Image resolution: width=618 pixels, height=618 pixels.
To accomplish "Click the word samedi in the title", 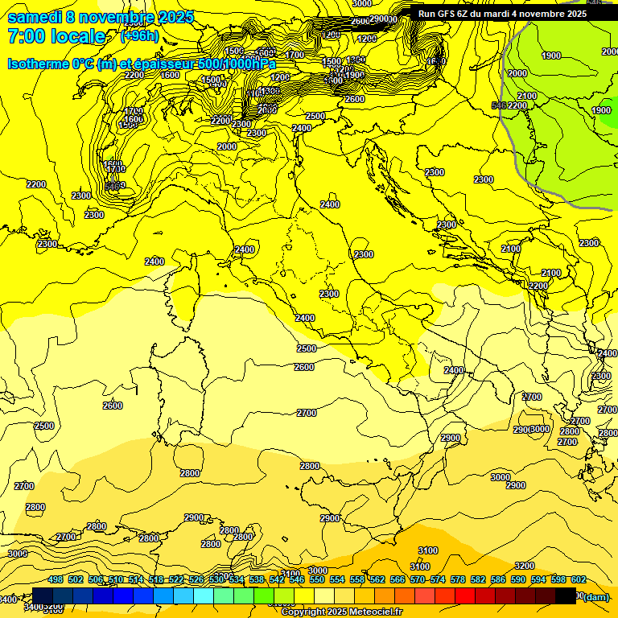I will (x=37, y=17).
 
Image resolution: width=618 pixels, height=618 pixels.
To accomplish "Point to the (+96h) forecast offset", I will (x=140, y=36).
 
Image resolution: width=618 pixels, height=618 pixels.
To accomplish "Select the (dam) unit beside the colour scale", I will (x=595, y=597).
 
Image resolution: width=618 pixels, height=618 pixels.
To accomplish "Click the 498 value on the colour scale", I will (x=56, y=580).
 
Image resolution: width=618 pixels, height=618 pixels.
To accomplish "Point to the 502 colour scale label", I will (x=76, y=580).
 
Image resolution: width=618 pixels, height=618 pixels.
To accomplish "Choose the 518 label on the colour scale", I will (x=156, y=580).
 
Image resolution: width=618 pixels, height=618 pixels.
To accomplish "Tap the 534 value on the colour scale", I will (x=237, y=580).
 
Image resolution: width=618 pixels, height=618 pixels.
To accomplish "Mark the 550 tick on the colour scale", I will (x=317, y=580).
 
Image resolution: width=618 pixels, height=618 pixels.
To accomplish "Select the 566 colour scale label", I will (x=398, y=580).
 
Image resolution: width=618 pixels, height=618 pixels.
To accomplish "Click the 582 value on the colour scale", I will (x=478, y=580).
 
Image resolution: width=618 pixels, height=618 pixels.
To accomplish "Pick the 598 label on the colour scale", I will (x=558, y=580).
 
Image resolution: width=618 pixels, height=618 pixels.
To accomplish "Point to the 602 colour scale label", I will (x=578, y=580).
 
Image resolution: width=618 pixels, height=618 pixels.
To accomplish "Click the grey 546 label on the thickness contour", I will (x=499, y=105).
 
